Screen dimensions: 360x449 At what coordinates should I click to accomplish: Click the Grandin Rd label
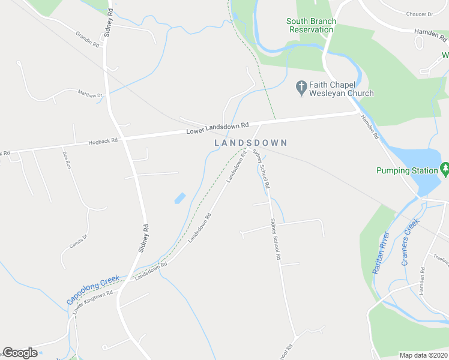pyautogui.click(x=87, y=40)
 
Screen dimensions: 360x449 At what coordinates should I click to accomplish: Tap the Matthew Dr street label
pyautogui.click(x=90, y=94)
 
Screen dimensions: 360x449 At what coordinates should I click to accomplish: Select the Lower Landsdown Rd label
pyautogui.click(x=217, y=128)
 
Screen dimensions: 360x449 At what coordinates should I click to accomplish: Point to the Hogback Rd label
pyautogui.click(x=103, y=142)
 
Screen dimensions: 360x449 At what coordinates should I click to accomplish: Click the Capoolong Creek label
pyautogui.click(x=93, y=289)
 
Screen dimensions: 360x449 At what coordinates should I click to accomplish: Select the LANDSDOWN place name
pyautogui.click(x=251, y=143)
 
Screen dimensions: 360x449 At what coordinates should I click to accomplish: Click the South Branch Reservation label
pyautogui.click(x=311, y=25)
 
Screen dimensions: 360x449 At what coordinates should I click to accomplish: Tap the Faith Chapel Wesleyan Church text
pyautogui.click(x=342, y=89)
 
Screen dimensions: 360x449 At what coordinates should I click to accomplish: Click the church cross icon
pyautogui.click(x=302, y=88)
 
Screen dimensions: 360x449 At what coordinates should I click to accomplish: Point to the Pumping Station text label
pyautogui.click(x=407, y=171)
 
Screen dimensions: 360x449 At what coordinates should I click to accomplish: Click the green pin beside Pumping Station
pyautogui.click(x=445, y=169)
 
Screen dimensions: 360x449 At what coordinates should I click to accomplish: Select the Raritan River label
pyautogui.click(x=381, y=253)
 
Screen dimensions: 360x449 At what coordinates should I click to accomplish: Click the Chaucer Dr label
pyautogui.click(x=419, y=14)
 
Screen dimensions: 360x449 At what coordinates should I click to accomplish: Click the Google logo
pyautogui.click(x=20, y=353)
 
